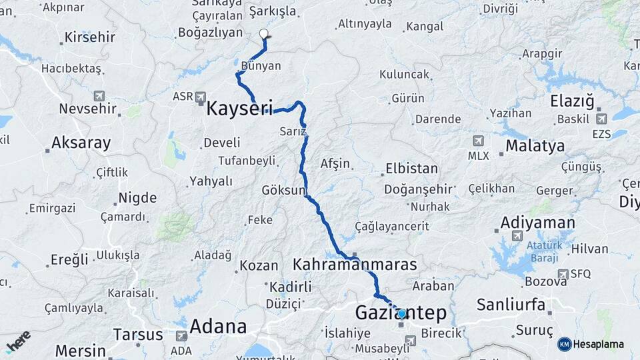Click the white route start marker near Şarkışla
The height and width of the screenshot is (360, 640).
pyautogui.click(x=263, y=34)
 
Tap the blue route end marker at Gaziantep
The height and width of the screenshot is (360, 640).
pyautogui.click(x=401, y=313)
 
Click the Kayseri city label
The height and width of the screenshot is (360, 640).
pyautogui.click(x=239, y=108)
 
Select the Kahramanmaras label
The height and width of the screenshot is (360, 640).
pyautogui.click(x=355, y=265)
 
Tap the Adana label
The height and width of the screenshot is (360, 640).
pyautogui.click(x=218, y=327)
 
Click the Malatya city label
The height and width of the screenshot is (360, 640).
pyautogui.click(x=535, y=146)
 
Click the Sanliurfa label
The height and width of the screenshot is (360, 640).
pyautogui.click(x=511, y=305)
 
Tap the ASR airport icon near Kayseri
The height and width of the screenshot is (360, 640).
pyautogui.click(x=201, y=97)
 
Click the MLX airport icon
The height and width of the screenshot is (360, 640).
pyautogui.click(x=478, y=141)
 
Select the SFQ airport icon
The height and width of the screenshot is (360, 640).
pyautogui.click(x=563, y=274)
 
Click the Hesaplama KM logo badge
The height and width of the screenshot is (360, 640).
pyautogui.click(x=565, y=344)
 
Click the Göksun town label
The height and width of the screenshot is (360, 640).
pyautogui.click(x=283, y=189)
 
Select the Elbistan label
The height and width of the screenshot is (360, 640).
pyautogui.click(x=411, y=169)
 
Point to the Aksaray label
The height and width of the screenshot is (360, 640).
pyautogui.click(x=81, y=143)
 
